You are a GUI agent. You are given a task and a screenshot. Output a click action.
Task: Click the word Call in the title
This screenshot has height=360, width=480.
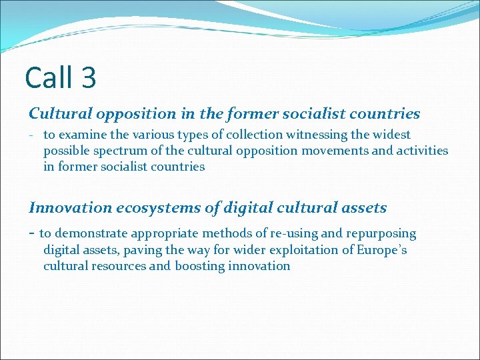pos(50,77)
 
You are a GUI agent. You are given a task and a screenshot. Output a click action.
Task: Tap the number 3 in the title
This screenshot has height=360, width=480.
pos(89,77)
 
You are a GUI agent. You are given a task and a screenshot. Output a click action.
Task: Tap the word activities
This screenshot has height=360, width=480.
pos(421,151)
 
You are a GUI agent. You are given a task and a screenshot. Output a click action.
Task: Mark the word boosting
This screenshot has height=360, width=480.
pos(199,266)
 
